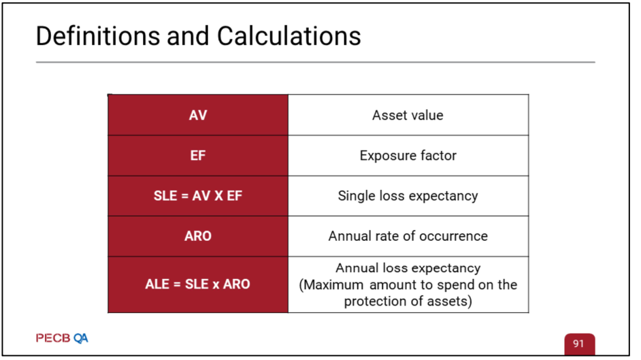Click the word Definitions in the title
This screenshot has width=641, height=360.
click(x=98, y=36)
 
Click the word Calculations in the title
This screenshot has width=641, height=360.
click(x=289, y=36)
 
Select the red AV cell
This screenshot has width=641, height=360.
click(x=198, y=115)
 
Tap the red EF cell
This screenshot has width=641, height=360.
click(x=198, y=155)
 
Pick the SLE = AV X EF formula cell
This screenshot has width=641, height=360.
click(x=198, y=196)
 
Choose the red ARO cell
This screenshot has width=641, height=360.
click(x=198, y=235)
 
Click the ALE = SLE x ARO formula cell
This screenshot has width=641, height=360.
click(x=198, y=284)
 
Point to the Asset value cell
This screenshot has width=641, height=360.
click(x=408, y=115)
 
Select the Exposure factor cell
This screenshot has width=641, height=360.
click(x=408, y=155)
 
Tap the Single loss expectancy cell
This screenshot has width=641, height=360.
click(x=408, y=196)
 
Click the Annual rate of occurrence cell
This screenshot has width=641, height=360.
click(x=408, y=235)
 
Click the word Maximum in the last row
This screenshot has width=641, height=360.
click(x=333, y=284)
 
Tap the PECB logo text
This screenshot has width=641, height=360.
click(x=53, y=338)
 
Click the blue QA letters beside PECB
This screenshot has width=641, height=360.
click(x=80, y=338)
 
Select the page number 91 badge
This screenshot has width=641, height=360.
click(x=579, y=344)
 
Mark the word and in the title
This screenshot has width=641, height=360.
click(x=188, y=36)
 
